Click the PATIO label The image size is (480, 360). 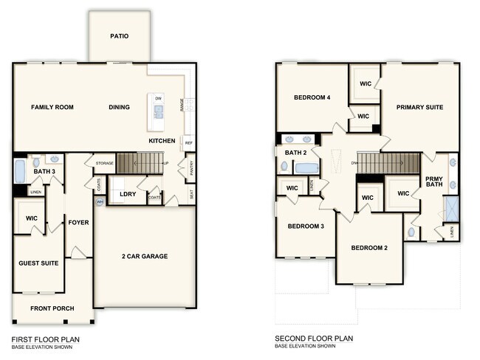120,35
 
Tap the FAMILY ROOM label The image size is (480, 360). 52,108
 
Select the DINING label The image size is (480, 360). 119,108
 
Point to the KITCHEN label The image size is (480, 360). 162,140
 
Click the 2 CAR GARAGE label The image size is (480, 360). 145,257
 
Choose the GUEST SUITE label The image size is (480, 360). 38,263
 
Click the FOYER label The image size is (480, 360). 78,222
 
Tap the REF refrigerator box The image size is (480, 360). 188,143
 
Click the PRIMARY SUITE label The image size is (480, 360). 419,108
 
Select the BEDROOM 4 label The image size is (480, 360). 312,98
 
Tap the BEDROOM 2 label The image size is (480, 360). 369,248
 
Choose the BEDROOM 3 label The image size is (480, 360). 306,226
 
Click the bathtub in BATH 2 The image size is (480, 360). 306,168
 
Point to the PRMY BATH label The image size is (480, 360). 433,183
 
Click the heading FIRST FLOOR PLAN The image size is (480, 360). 45,339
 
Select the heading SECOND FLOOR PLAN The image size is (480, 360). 314,339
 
